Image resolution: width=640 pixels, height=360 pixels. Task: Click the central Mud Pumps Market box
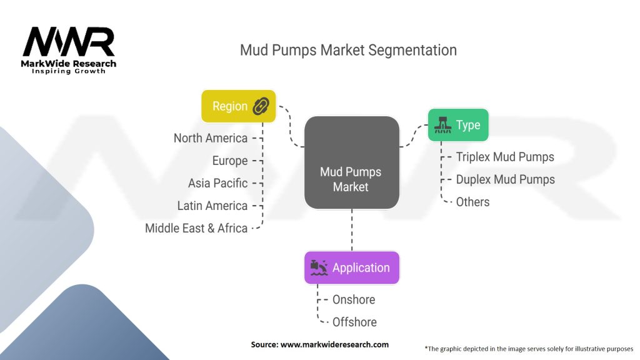pyautogui.click(x=351, y=162)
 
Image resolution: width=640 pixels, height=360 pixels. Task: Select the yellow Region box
pyautogui.click(x=238, y=106)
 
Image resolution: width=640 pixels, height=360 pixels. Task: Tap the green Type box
pyautogui.click(x=457, y=125)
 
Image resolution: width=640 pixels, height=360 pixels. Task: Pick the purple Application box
pyautogui.click(x=351, y=268)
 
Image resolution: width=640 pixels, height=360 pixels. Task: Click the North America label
pyautogui.click(x=211, y=138)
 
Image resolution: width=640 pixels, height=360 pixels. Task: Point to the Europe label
pyautogui.click(x=230, y=161)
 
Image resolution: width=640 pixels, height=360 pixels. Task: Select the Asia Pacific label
pyautogui.click(x=217, y=183)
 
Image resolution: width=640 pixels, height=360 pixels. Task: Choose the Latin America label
pyautogui.click(x=212, y=206)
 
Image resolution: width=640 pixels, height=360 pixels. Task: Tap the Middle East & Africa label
pyautogui.click(x=196, y=228)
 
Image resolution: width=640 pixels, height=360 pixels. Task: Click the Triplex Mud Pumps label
pyautogui.click(x=505, y=157)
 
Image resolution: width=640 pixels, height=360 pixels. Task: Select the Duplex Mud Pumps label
pyautogui.click(x=505, y=179)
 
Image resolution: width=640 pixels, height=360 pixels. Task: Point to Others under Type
pyautogui.click(x=472, y=202)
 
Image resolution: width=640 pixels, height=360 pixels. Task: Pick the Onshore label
pyautogui.click(x=354, y=299)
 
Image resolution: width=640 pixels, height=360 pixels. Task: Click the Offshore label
pyautogui.click(x=354, y=322)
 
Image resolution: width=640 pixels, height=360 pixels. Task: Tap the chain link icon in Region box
pyautogui.click(x=261, y=106)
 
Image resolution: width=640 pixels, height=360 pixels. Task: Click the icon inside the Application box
pyautogui.click(x=318, y=268)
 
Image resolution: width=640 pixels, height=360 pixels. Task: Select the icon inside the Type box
pyautogui.click(x=442, y=125)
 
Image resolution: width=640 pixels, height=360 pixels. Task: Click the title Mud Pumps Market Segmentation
pyautogui.click(x=348, y=50)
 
